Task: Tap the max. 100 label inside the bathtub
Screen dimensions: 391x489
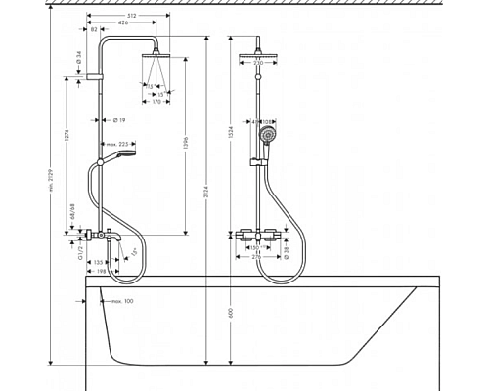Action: pyautogui.click(x=120, y=301)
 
